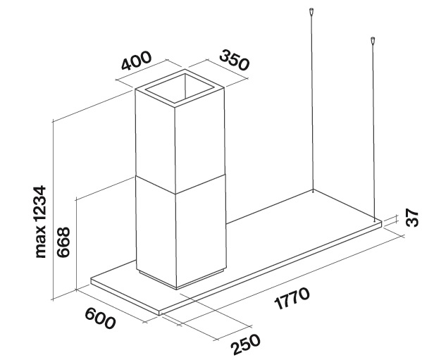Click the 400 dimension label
137,61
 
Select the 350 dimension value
235,61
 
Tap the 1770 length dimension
292,299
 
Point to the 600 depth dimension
100,318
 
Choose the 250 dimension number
246,345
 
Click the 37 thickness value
412,218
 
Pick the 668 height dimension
63,242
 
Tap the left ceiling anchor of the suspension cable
311,12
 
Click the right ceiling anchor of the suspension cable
373,40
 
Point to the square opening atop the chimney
180,89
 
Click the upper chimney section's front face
155,140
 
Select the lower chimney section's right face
201,230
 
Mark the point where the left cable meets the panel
313,192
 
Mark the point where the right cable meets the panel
374,221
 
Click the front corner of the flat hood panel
159,313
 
